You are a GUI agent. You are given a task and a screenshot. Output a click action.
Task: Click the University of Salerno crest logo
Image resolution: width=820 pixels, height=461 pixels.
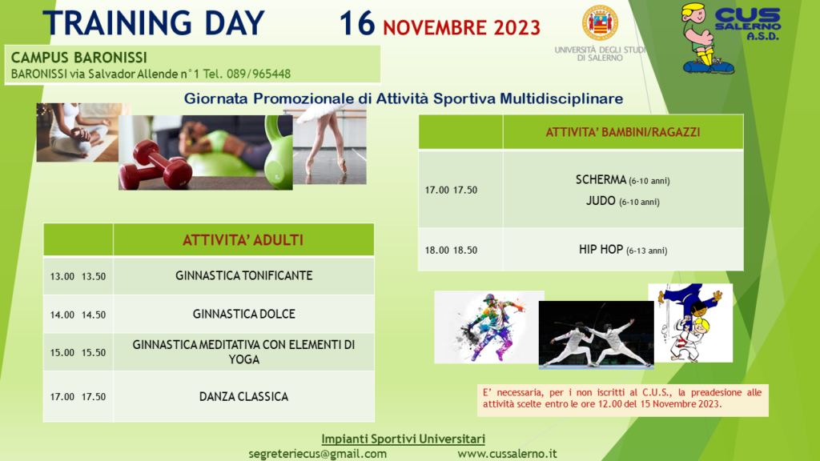coord(600,23)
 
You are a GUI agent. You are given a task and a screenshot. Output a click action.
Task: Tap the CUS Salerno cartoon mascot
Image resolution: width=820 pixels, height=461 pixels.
coord(705,38)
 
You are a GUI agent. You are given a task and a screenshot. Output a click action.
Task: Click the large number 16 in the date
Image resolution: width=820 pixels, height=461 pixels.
coord(357,24)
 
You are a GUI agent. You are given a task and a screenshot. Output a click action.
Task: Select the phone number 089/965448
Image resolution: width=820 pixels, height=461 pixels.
coord(259,74)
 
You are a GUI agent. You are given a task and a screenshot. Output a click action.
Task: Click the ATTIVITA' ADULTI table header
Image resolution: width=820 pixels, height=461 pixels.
coord(243,240)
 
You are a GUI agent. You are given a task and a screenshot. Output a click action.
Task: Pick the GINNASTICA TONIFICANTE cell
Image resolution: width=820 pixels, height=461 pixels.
coord(243,275)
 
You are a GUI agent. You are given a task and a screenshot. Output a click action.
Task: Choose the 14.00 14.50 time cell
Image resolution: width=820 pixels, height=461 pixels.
coord(78,315)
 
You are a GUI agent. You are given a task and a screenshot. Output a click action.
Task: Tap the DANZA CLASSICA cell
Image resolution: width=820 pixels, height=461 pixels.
coord(243,397)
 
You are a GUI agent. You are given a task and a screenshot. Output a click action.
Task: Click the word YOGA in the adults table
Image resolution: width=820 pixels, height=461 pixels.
coord(243,359)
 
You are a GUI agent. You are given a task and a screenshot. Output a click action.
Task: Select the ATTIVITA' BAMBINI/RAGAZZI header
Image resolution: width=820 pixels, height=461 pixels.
coord(623,132)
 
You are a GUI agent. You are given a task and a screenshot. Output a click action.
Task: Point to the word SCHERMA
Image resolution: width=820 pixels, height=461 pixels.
coord(601,180)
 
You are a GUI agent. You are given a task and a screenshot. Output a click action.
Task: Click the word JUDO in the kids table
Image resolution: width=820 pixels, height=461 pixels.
coord(601,201)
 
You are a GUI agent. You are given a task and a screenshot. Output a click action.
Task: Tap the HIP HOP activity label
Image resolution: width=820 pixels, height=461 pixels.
coord(601,250)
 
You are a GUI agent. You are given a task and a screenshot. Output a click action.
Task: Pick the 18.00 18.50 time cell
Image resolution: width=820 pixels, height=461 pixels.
coord(451,251)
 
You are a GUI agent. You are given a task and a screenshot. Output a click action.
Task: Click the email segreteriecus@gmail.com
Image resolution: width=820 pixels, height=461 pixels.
coord(317,454)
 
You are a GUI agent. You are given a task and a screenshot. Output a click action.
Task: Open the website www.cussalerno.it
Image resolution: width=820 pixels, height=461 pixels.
coord(507,454)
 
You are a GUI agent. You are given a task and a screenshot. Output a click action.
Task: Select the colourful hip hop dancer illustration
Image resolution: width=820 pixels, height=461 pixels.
coord(489,327)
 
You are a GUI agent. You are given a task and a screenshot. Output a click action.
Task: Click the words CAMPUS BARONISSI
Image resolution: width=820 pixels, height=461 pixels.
coord(79,58)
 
